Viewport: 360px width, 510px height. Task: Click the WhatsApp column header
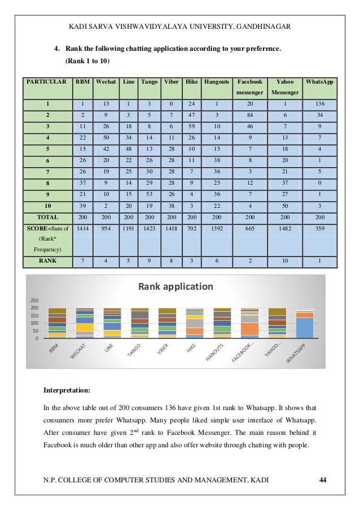pos(319,81)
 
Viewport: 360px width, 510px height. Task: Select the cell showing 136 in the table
pos(319,104)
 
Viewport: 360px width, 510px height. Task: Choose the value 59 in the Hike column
pos(192,126)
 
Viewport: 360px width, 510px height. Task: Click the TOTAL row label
pos(47,216)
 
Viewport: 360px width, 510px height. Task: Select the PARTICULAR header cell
pos(47,81)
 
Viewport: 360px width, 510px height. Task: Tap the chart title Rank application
pos(176,286)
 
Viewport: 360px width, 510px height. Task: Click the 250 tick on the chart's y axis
pos(34,300)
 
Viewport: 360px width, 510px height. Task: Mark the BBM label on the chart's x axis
pos(54,351)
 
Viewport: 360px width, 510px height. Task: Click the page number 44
pos(323,480)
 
